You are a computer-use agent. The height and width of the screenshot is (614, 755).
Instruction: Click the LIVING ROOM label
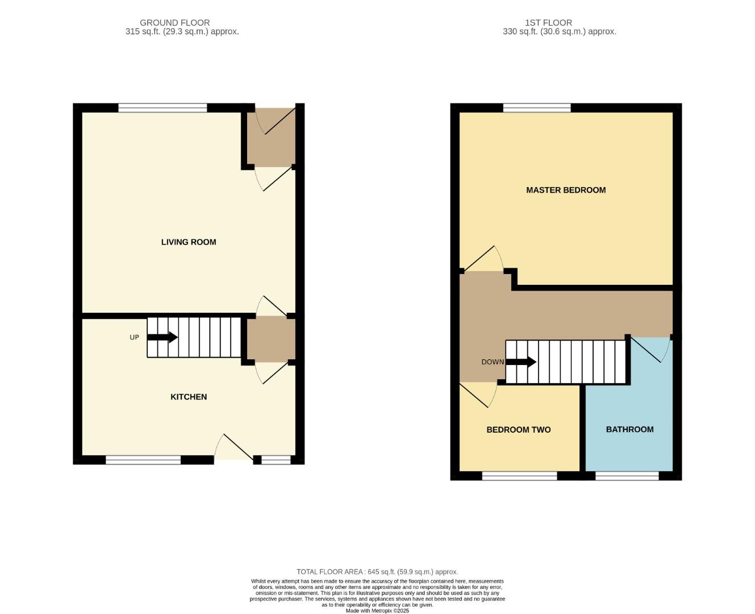(x=189, y=242)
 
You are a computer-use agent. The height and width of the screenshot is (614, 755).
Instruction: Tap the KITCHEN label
(x=189, y=397)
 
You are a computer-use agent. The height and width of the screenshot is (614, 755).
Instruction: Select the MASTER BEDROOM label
(x=566, y=190)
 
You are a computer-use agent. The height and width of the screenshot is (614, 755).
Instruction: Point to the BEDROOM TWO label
(x=518, y=430)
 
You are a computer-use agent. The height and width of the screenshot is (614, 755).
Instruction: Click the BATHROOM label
(x=629, y=430)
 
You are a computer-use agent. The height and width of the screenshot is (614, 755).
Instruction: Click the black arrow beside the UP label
(x=162, y=337)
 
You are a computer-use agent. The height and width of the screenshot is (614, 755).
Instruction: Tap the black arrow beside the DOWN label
(x=521, y=362)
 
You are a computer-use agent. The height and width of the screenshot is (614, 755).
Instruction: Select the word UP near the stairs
(x=134, y=337)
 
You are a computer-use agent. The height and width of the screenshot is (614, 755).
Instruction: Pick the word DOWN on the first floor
(x=493, y=362)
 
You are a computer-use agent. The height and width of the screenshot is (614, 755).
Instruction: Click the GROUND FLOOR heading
(x=174, y=23)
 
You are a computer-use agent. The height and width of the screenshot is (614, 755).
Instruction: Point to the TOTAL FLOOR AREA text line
(x=377, y=572)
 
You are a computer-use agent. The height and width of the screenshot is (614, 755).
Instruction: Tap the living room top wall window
(x=162, y=108)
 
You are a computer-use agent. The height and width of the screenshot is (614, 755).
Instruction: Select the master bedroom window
(x=537, y=108)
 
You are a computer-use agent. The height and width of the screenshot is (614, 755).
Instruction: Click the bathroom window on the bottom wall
(x=627, y=476)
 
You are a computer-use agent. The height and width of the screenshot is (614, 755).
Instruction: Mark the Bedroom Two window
(x=519, y=476)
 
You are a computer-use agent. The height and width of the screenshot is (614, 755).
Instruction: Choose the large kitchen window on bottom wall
(x=143, y=460)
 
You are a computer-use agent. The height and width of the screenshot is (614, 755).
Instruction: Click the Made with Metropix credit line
(x=377, y=611)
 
